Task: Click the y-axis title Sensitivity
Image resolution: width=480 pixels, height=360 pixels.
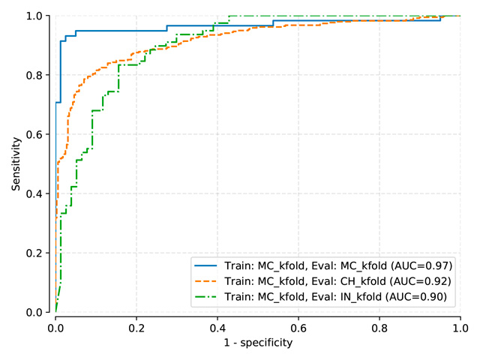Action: [15, 163]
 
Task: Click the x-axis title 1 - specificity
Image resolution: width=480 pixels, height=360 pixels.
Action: [258, 343]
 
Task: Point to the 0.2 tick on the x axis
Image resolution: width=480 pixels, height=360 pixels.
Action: [136, 327]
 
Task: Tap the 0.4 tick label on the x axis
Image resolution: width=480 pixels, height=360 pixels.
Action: [217, 327]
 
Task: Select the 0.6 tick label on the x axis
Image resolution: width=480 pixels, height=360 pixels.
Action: [298, 327]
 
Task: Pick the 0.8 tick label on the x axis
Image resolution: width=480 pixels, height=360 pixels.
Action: [379, 327]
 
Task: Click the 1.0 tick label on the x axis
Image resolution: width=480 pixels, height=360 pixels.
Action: [460, 327]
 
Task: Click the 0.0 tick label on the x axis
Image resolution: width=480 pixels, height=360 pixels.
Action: [55, 327]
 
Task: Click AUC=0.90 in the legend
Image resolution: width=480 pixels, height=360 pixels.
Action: [419, 297]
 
